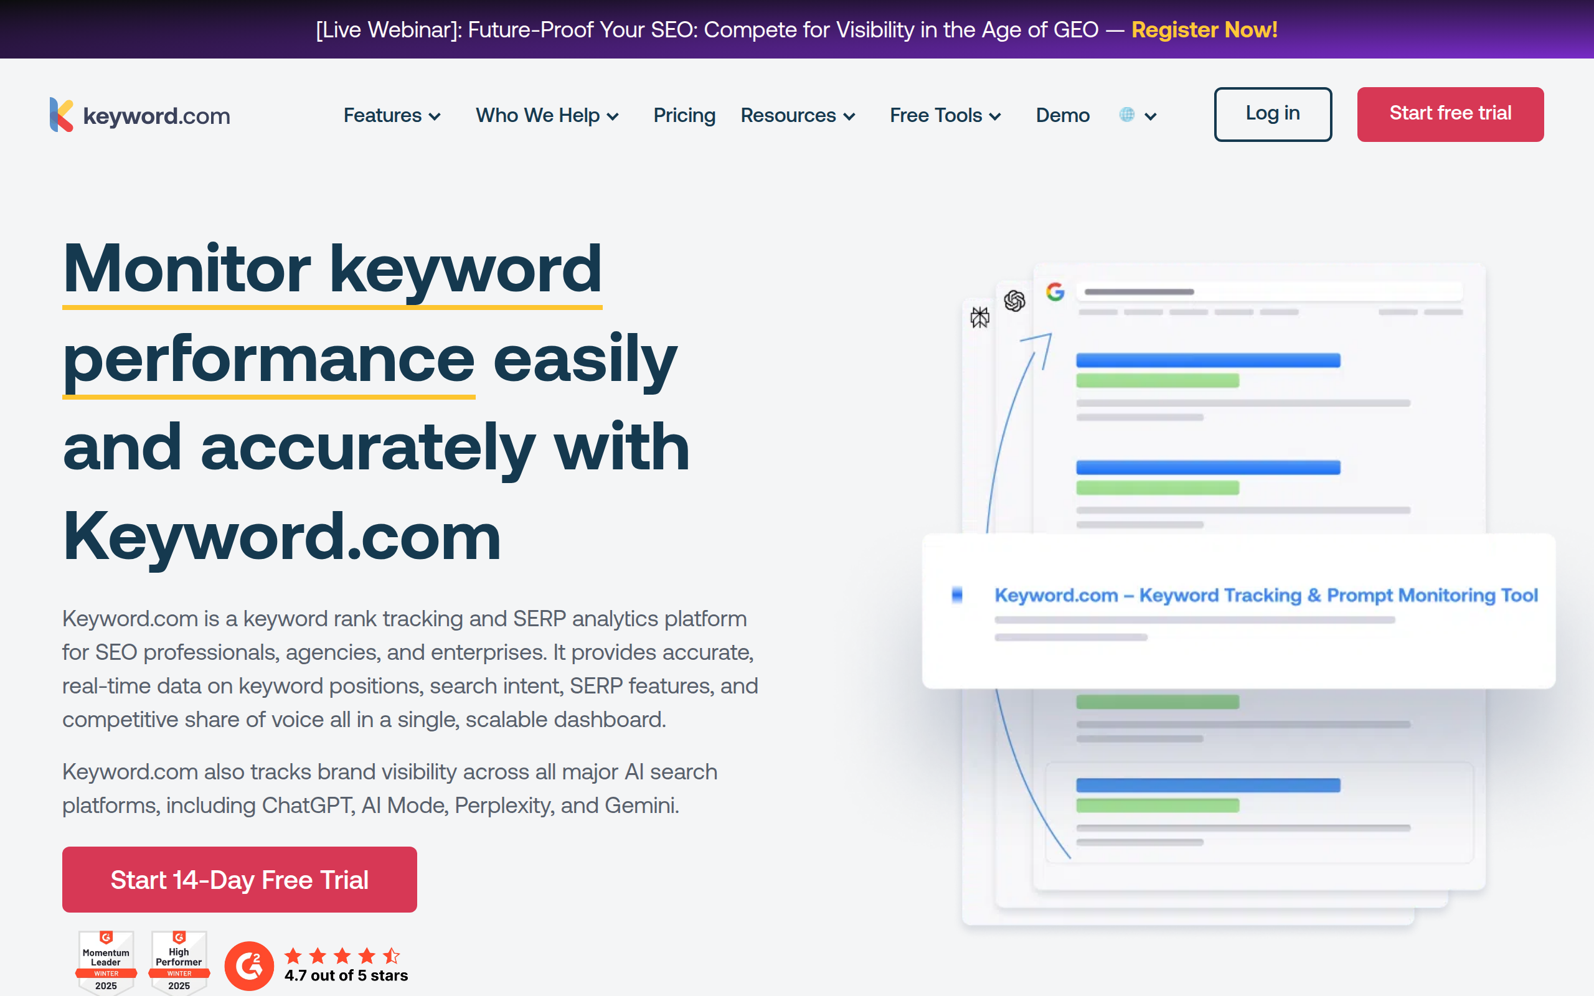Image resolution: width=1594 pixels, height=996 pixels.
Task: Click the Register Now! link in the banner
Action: tap(1204, 30)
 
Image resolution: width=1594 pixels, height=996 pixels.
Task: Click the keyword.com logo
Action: tap(139, 115)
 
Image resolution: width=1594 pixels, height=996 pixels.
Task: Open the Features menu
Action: tap(391, 115)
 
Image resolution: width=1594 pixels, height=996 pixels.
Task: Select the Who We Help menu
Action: tap(547, 115)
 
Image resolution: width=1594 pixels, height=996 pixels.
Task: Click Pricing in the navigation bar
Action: tap(684, 115)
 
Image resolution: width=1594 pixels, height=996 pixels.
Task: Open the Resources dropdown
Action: tap(797, 115)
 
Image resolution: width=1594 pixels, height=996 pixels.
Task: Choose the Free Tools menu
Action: tap(945, 115)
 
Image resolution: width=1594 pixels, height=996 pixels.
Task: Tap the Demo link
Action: tap(1062, 115)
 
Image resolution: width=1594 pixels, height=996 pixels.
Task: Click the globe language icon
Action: tap(1127, 115)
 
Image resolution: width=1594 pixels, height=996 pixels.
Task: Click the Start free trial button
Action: tap(1450, 114)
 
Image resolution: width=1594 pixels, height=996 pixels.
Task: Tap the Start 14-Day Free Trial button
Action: tap(239, 880)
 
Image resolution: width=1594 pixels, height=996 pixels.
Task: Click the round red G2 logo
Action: tap(249, 965)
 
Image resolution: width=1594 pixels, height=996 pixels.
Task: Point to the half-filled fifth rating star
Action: tap(391, 955)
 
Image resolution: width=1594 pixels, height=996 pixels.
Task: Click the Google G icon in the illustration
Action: tap(1055, 291)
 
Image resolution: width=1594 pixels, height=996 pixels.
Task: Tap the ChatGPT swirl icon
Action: tap(1014, 301)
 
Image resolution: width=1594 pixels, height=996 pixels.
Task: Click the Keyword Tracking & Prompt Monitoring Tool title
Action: tap(1265, 595)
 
